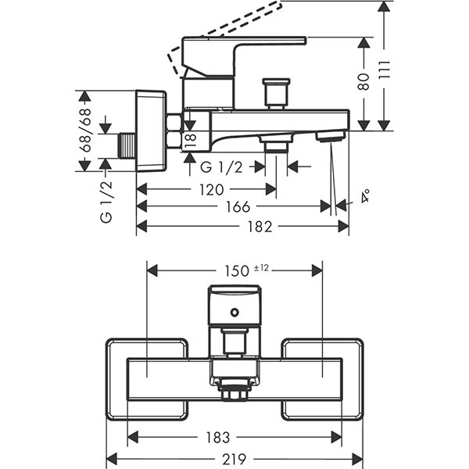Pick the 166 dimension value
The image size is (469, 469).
(234, 207)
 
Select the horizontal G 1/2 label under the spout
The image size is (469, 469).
(221, 166)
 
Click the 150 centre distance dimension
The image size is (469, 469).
(234, 271)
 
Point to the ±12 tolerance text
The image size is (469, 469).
(261, 268)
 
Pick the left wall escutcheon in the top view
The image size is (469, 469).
(146, 378)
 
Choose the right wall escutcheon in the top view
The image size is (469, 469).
(322, 378)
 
